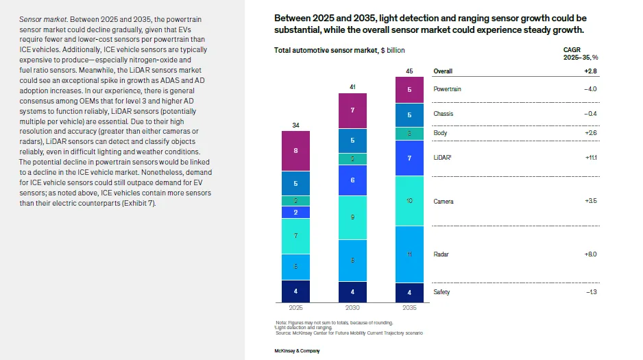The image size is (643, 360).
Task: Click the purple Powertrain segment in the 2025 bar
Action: [295, 151]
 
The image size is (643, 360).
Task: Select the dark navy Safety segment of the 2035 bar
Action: [410, 292]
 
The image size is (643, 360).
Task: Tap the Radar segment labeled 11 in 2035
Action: [410, 254]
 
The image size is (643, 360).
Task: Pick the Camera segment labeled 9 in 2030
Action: [352, 217]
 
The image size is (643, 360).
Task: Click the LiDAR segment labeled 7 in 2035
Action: [410, 158]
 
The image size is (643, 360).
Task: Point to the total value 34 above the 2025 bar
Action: [295, 125]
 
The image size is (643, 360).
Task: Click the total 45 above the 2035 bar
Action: [410, 71]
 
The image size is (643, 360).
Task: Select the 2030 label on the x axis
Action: [352, 308]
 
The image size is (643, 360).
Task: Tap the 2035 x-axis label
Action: [410, 308]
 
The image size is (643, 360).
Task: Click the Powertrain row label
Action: [448, 89]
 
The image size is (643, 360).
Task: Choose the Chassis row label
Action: [444, 114]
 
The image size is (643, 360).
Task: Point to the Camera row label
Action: [444, 202]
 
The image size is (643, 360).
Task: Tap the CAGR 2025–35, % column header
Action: [580, 54]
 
